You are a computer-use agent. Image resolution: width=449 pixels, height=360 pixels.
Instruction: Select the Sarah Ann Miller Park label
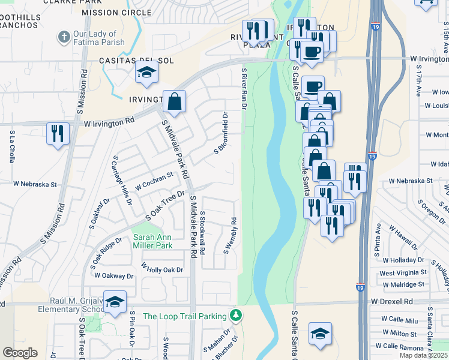[152, 241]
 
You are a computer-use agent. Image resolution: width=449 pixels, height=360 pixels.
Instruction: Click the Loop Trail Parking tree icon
[237, 315]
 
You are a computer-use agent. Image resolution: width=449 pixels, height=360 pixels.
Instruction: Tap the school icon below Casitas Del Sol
[145, 74]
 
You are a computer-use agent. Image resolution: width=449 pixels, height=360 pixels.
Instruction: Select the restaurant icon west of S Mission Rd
[58, 133]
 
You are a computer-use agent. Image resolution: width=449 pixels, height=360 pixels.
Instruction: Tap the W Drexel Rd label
[392, 301]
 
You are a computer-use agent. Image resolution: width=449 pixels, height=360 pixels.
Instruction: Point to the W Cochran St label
[154, 181]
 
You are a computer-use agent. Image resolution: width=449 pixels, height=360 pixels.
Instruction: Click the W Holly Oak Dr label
[162, 269]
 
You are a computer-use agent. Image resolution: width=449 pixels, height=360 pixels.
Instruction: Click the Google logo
[20, 353]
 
